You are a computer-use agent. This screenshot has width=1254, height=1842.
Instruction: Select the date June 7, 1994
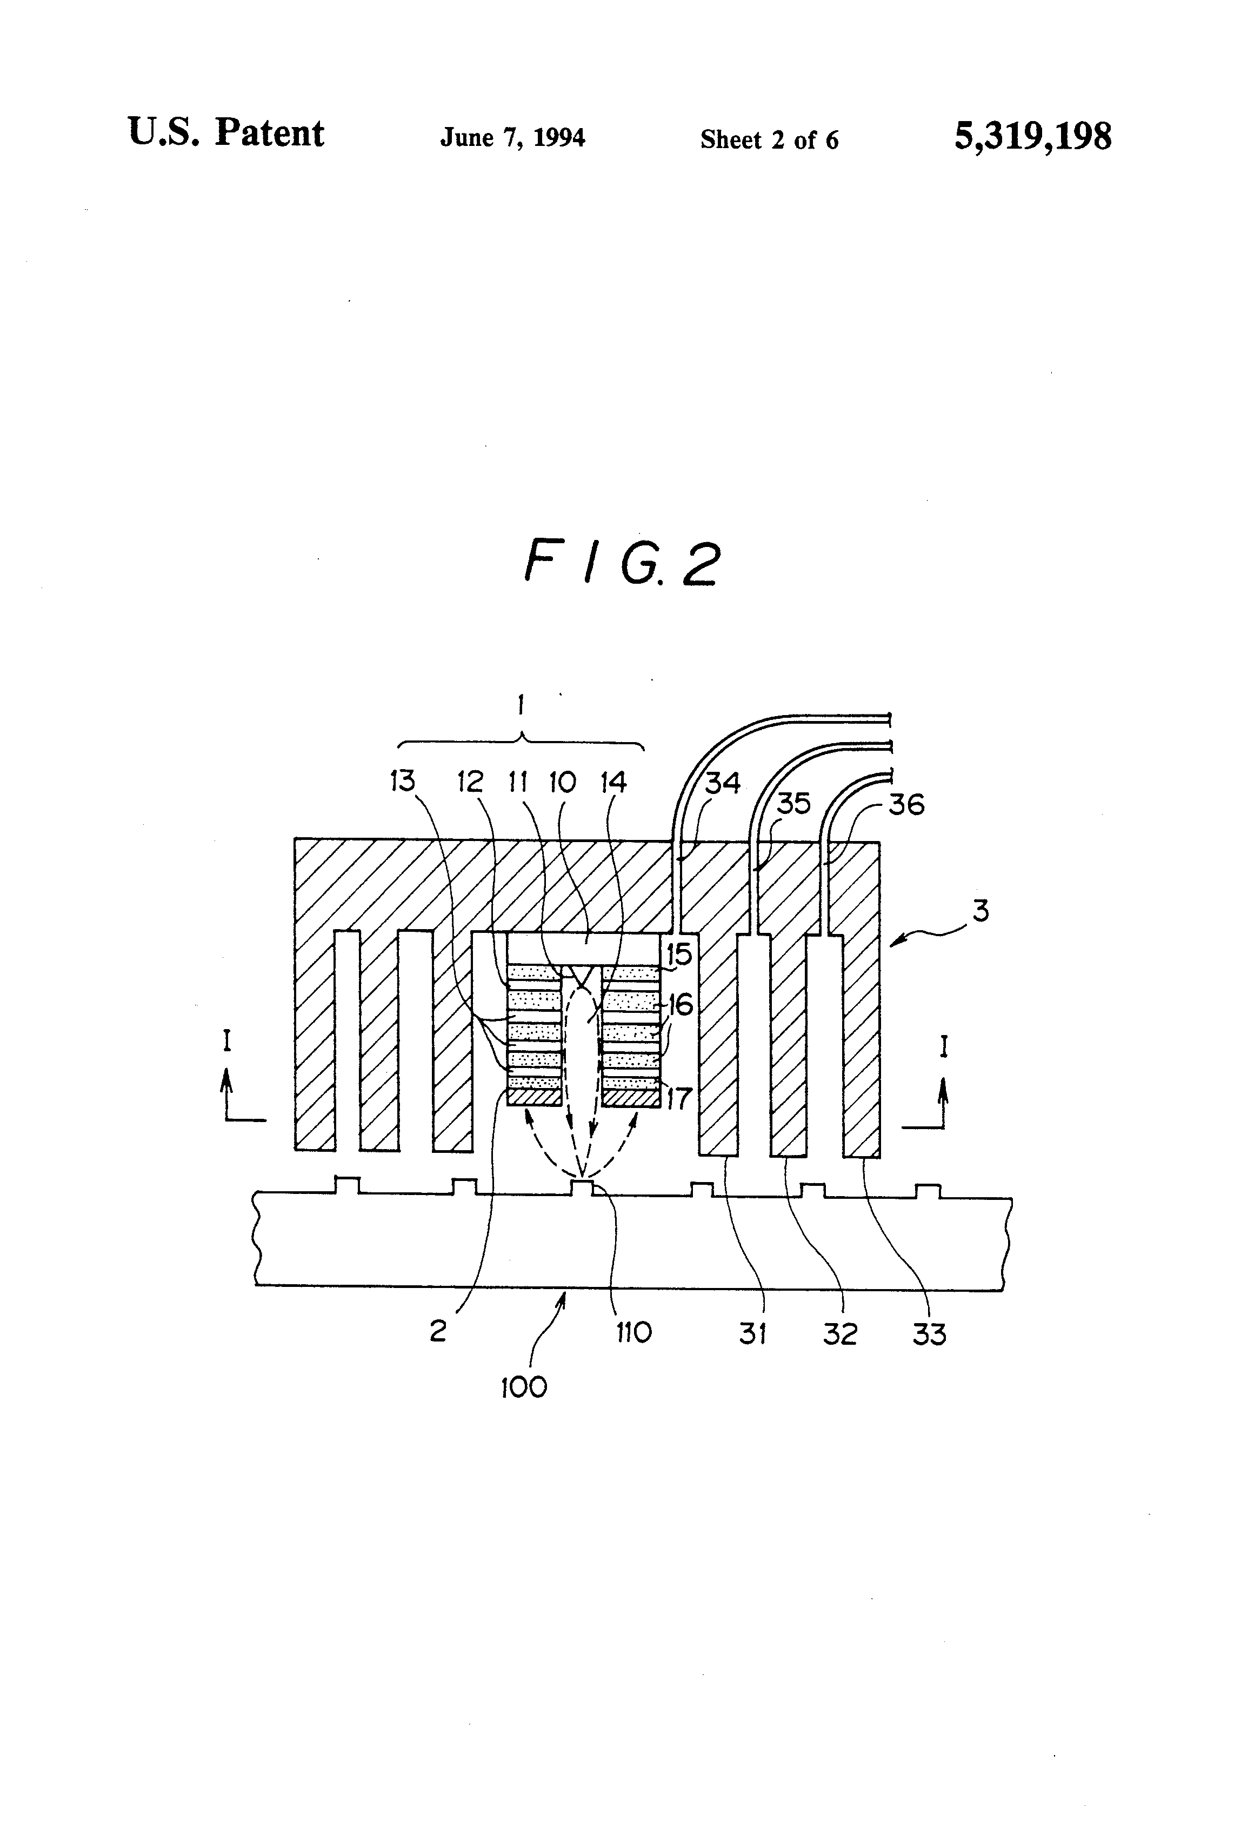tap(513, 138)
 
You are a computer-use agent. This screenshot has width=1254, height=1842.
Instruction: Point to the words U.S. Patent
tap(226, 132)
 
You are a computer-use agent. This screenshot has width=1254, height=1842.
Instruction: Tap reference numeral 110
tap(633, 1332)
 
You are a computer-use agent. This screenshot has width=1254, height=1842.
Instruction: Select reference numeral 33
tap(929, 1334)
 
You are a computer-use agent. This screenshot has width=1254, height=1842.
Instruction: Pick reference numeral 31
tap(753, 1333)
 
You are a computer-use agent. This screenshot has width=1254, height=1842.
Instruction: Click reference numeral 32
tap(840, 1334)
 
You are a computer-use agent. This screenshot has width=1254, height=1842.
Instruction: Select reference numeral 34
tap(723, 783)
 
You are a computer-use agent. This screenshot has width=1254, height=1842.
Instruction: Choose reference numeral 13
tap(403, 782)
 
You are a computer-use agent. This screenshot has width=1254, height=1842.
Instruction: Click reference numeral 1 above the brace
tap(521, 705)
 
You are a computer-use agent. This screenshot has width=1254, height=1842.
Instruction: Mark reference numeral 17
tap(679, 1098)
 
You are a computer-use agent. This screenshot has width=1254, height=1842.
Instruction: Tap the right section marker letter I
tap(943, 1048)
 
